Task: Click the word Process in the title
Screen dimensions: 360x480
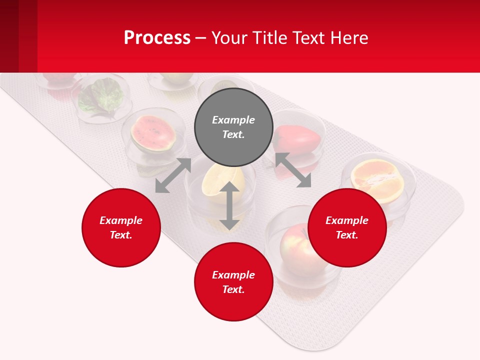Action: tap(157, 37)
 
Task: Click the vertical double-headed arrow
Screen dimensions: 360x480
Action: tap(229, 205)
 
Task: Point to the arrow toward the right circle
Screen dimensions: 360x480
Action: tap(293, 170)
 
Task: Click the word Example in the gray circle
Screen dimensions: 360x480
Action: tap(233, 120)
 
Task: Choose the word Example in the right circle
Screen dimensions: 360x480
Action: tap(347, 220)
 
